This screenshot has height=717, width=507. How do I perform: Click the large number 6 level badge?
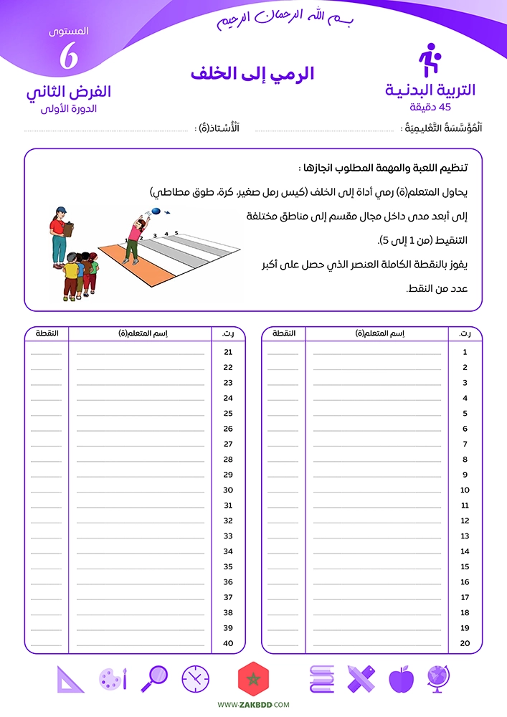click(69, 57)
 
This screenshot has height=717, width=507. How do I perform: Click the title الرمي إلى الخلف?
click(252, 74)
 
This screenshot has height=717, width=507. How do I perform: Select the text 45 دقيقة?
click(430, 107)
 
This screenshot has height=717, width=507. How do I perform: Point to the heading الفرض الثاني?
click(69, 92)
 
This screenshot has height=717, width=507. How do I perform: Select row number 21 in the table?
click(228, 352)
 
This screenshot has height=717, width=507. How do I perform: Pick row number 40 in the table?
click(228, 643)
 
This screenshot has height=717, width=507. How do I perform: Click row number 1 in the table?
click(465, 352)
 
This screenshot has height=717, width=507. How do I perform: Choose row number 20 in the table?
click(465, 643)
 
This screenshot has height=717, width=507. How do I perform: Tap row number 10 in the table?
click(465, 490)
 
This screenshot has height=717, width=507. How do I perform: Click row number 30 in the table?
click(228, 490)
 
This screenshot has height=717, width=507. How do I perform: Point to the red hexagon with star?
click(252, 678)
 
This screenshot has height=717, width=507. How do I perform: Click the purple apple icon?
click(401, 678)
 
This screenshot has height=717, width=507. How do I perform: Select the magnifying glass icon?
click(155, 678)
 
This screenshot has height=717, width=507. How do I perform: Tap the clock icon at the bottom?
click(195, 678)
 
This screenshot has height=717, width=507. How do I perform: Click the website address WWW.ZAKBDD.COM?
click(253, 705)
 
